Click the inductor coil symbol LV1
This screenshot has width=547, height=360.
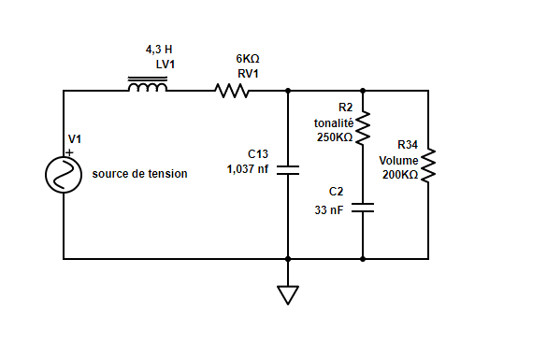[x=148, y=87]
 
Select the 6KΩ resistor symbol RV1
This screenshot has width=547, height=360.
[x=231, y=91]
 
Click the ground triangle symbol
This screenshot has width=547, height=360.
[x=287, y=295]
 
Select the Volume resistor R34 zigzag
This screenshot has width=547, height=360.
[x=428, y=166]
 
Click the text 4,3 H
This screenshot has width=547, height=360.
[x=159, y=49]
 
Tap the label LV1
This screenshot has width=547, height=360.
[x=166, y=64]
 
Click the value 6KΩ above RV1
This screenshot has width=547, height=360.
[x=248, y=58]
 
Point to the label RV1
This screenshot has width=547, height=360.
[x=248, y=73]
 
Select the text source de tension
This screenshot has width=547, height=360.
[x=139, y=174]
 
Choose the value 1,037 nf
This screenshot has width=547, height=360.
[x=248, y=169]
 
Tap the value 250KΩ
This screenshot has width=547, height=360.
[x=335, y=137]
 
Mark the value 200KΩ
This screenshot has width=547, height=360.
[x=400, y=175]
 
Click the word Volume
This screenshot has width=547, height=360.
[x=398, y=160]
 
